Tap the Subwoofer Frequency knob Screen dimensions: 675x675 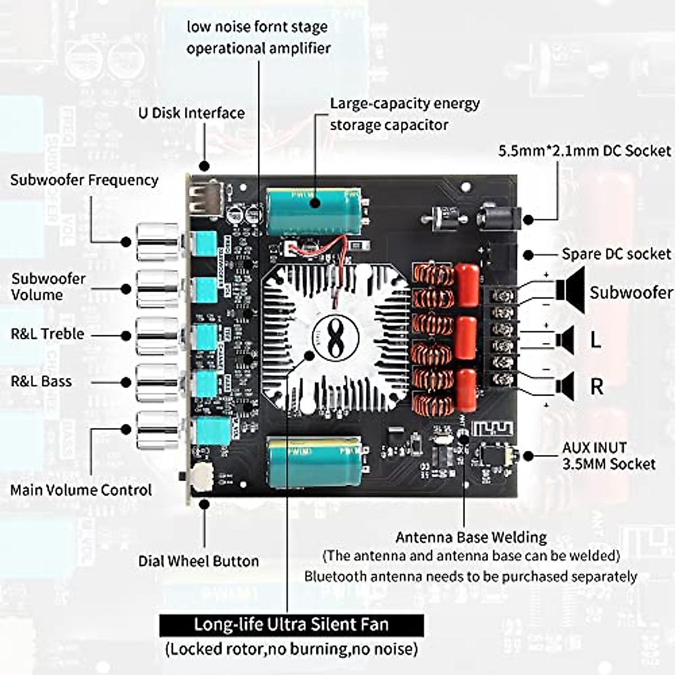157,242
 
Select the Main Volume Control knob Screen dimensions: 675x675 157,430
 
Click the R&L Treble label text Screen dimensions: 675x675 47,334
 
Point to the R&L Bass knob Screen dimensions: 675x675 157,382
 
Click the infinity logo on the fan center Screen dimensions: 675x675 335,338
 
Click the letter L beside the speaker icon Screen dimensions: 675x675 595,340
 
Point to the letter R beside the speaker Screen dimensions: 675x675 596,387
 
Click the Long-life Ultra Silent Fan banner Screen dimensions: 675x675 291,625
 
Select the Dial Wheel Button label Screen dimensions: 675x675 199,561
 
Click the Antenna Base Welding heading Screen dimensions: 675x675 471,537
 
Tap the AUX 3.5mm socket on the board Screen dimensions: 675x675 495,456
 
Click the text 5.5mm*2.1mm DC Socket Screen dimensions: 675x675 584,151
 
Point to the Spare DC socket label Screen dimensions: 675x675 616,254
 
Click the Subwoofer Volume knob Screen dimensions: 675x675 157,289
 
